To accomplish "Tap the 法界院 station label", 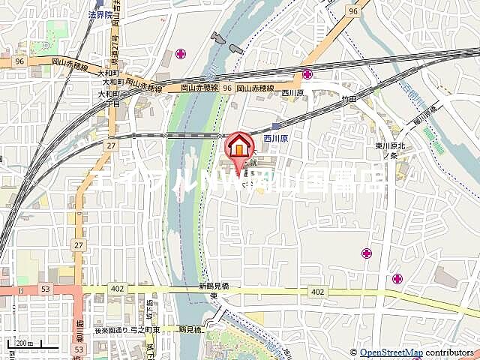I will point(100,14).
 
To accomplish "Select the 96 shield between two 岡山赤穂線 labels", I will point(226,88).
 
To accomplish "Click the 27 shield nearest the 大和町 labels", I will point(111,145).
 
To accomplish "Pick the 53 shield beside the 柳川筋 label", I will point(80,349).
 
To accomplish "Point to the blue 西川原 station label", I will point(276,139).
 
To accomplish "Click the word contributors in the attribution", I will point(451,352).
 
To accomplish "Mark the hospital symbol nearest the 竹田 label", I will point(307,73).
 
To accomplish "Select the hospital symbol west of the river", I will point(180,53).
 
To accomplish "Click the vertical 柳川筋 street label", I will point(78,330).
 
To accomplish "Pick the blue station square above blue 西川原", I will point(277,126).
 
